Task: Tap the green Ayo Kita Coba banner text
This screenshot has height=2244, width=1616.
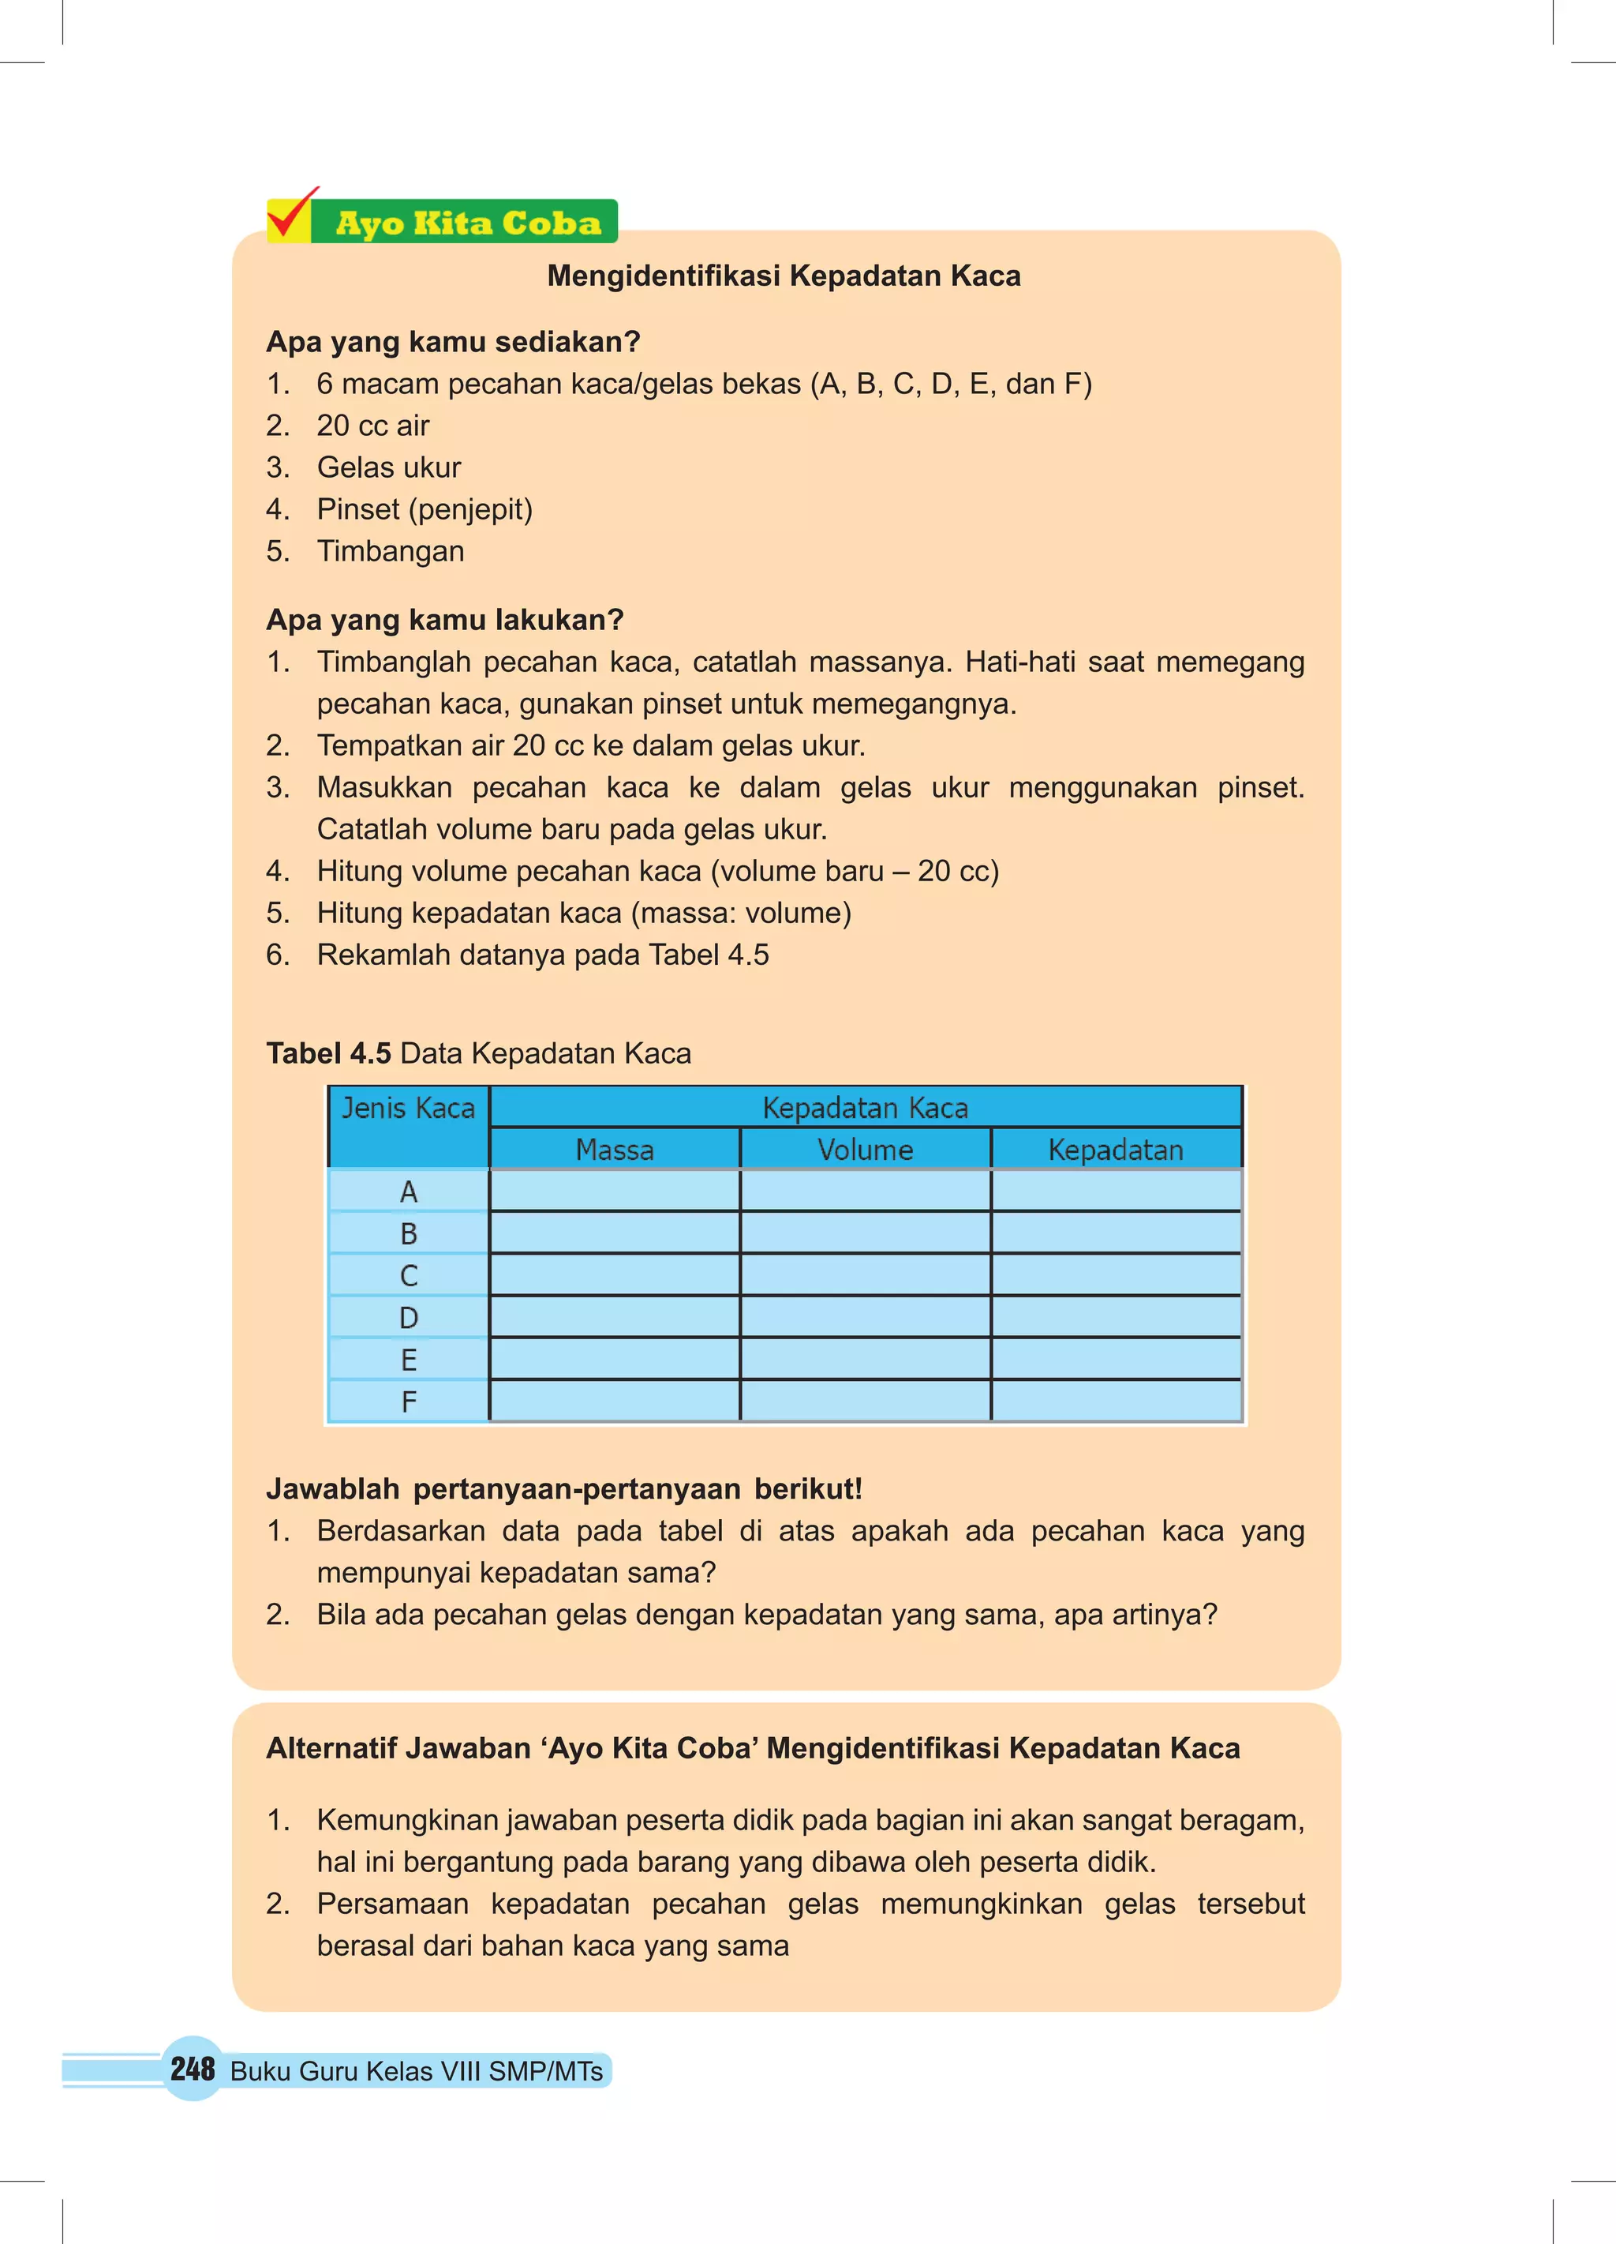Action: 467,223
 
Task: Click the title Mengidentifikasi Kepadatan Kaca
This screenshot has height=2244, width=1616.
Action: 784,276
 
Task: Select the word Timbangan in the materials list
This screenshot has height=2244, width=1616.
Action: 390,551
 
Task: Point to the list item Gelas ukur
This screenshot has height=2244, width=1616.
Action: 389,467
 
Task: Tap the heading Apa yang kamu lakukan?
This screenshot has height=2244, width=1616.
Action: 444,619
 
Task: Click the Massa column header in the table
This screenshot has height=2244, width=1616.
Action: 614,1150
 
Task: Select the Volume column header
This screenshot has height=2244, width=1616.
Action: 866,1150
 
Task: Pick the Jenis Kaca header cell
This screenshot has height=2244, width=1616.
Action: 407,1108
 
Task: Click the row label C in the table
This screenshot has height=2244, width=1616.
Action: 409,1276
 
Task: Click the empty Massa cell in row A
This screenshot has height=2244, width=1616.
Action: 614,1191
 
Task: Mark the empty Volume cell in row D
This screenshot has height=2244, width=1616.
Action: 866,1318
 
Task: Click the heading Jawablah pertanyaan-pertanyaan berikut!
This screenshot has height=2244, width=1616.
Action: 563,1489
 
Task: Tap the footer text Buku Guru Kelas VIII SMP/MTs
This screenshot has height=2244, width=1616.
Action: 417,2071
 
